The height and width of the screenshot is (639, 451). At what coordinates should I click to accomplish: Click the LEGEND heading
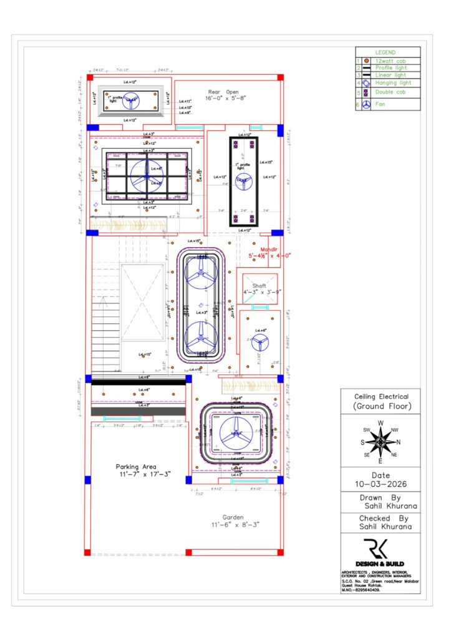coord(385,52)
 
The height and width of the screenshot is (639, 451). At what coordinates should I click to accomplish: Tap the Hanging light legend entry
coord(392,82)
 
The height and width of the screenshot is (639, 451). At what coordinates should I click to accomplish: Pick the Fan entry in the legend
coord(379,105)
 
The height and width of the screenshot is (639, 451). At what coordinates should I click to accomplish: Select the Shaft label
coord(259,286)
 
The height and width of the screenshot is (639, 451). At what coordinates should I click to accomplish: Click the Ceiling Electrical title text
coord(381,396)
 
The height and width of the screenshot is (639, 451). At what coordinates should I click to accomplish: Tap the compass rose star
coord(380,442)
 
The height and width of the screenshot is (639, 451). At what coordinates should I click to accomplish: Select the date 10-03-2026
coord(381,484)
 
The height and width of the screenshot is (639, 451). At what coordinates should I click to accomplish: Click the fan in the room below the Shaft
coord(260,341)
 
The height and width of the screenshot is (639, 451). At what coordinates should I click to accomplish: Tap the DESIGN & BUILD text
coord(381,563)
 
